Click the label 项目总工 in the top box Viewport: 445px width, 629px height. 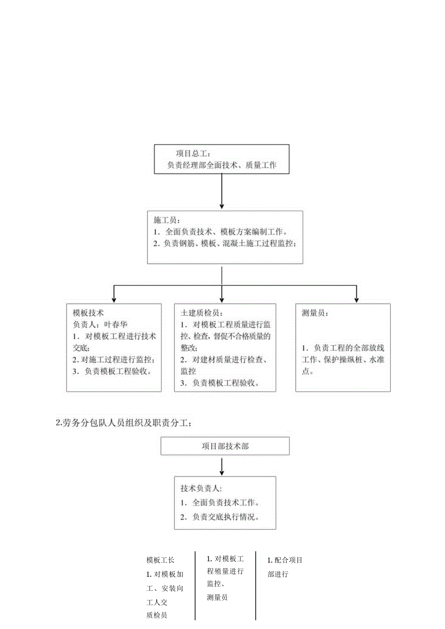[192, 154]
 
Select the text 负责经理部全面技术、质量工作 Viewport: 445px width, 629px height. [222, 165]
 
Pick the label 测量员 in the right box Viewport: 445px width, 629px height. [315, 313]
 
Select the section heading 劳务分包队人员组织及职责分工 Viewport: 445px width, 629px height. [125, 423]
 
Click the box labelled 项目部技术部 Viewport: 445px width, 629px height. [225, 446]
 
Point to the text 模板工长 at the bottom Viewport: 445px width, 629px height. [161, 560]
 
